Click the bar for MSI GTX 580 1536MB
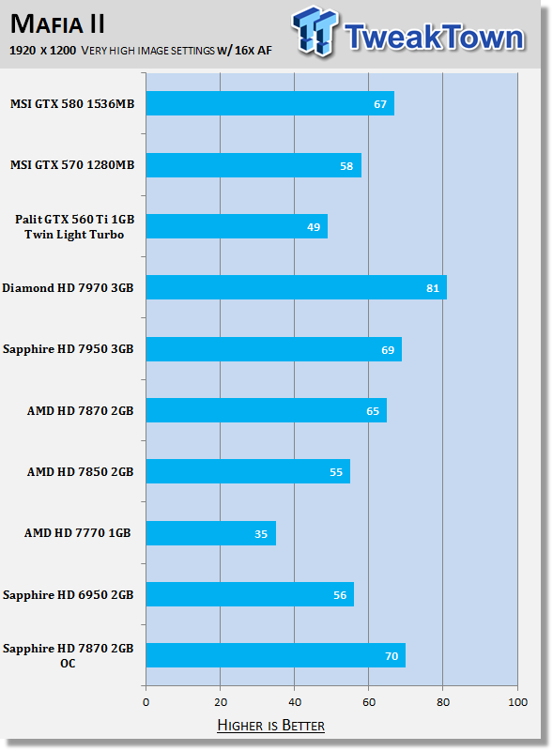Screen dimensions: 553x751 click(x=270, y=103)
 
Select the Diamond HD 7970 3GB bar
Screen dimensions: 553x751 click(x=297, y=287)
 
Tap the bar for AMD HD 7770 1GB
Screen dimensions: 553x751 click(x=211, y=533)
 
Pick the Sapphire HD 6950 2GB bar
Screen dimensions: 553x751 click(x=250, y=594)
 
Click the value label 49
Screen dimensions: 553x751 click(x=314, y=227)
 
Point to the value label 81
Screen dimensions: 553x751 click(x=433, y=288)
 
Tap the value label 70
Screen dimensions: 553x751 click(x=392, y=656)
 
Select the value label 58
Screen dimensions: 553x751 click(x=346, y=166)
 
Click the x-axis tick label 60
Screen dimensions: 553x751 click(x=368, y=702)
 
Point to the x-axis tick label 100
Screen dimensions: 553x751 click(x=517, y=702)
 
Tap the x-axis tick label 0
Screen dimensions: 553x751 click(x=146, y=702)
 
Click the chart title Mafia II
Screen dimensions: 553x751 click(x=57, y=24)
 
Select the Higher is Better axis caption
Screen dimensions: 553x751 click(x=270, y=725)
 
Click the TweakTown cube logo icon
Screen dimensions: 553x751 click(x=315, y=31)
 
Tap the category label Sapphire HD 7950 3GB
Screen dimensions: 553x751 click(x=68, y=349)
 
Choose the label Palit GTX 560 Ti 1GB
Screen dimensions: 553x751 click(x=74, y=220)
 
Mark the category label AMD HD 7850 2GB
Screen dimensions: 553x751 click(x=80, y=472)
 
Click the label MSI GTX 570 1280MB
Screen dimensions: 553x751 click(x=72, y=165)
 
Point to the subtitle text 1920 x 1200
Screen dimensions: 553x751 click(x=42, y=51)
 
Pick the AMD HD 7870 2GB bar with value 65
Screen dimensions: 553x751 click(x=267, y=410)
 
